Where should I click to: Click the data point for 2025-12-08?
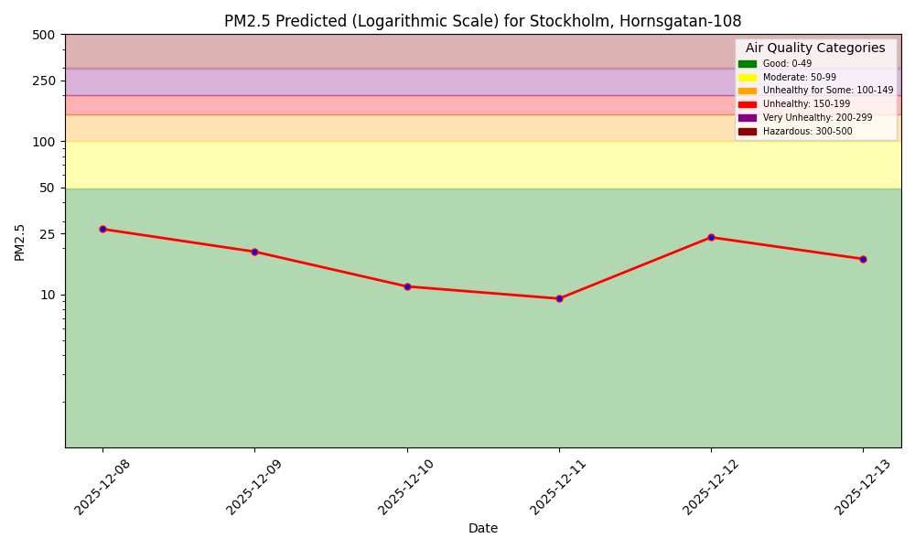pyautogui.click(x=102, y=229)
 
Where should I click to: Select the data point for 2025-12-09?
pyautogui.click(x=254, y=252)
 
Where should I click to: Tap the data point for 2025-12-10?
pyautogui.click(x=407, y=286)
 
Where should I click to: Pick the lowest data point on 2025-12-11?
pyautogui.click(x=559, y=298)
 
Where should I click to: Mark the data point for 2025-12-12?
pyautogui.click(x=711, y=237)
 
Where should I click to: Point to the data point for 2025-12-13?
pyautogui.click(x=863, y=259)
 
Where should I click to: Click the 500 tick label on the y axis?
pyautogui.click(x=44, y=35)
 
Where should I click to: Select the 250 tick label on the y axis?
pyautogui.click(x=44, y=81)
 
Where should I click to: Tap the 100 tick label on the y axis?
pyautogui.click(x=44, y=142)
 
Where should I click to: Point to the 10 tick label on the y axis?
pyautogui.click(x=48, y=295)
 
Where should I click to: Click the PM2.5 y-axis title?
pyautogui.click(x=20, y=242)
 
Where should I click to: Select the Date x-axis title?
pyautogui.click(x=483, y=528)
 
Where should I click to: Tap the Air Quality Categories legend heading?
pyautogui.click(x=815, y=48)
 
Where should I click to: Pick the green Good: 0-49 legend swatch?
pyautogui.click(x=748, y=64)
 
